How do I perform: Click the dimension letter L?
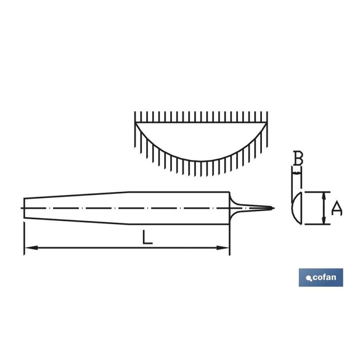pyautogui.click(x=147, y=237)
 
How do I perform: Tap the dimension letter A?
pyautogui.click(x=337, y=208)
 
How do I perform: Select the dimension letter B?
pyautogui.click(x=298, y=158)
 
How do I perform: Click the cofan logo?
pyautogui.click(x=321, y=277)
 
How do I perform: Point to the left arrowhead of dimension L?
pyautogui.click(x=31, y=248)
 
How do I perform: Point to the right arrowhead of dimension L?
pyautogui.click(x=223, y=248)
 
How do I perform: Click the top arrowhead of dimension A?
pyautogui.click(x=324, y=196)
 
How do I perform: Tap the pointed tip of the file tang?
pyautogui.click(x=273, y=208)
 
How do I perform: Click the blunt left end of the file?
pyautogui.click(x=24, y=208)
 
